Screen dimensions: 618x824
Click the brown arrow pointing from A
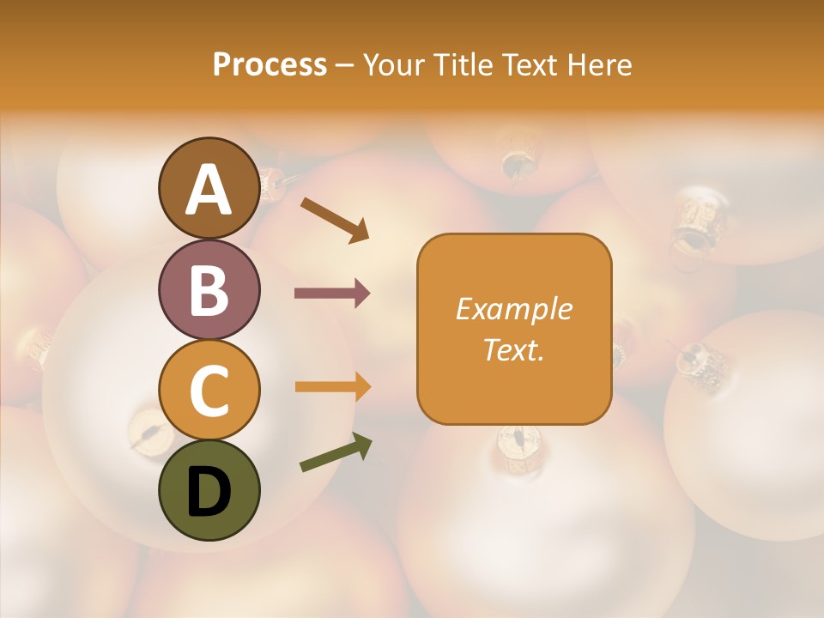coord(335,218)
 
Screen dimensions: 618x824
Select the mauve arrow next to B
coord(332,294)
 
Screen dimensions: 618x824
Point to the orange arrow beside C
coord(332,387)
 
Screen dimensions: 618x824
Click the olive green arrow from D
coord(336,452)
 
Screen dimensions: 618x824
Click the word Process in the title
coord(270,65)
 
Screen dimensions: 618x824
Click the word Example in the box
coord(513,309)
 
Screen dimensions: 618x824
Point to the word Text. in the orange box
coord(513,350)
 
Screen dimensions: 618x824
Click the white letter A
coord(209,190)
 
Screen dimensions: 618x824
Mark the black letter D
coord(209,491)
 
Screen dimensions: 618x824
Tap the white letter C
coord(209,391)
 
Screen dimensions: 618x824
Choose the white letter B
coord(209,290)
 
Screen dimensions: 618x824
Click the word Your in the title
coord(392,65)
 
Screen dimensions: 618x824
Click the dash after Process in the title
coord(344,66)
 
